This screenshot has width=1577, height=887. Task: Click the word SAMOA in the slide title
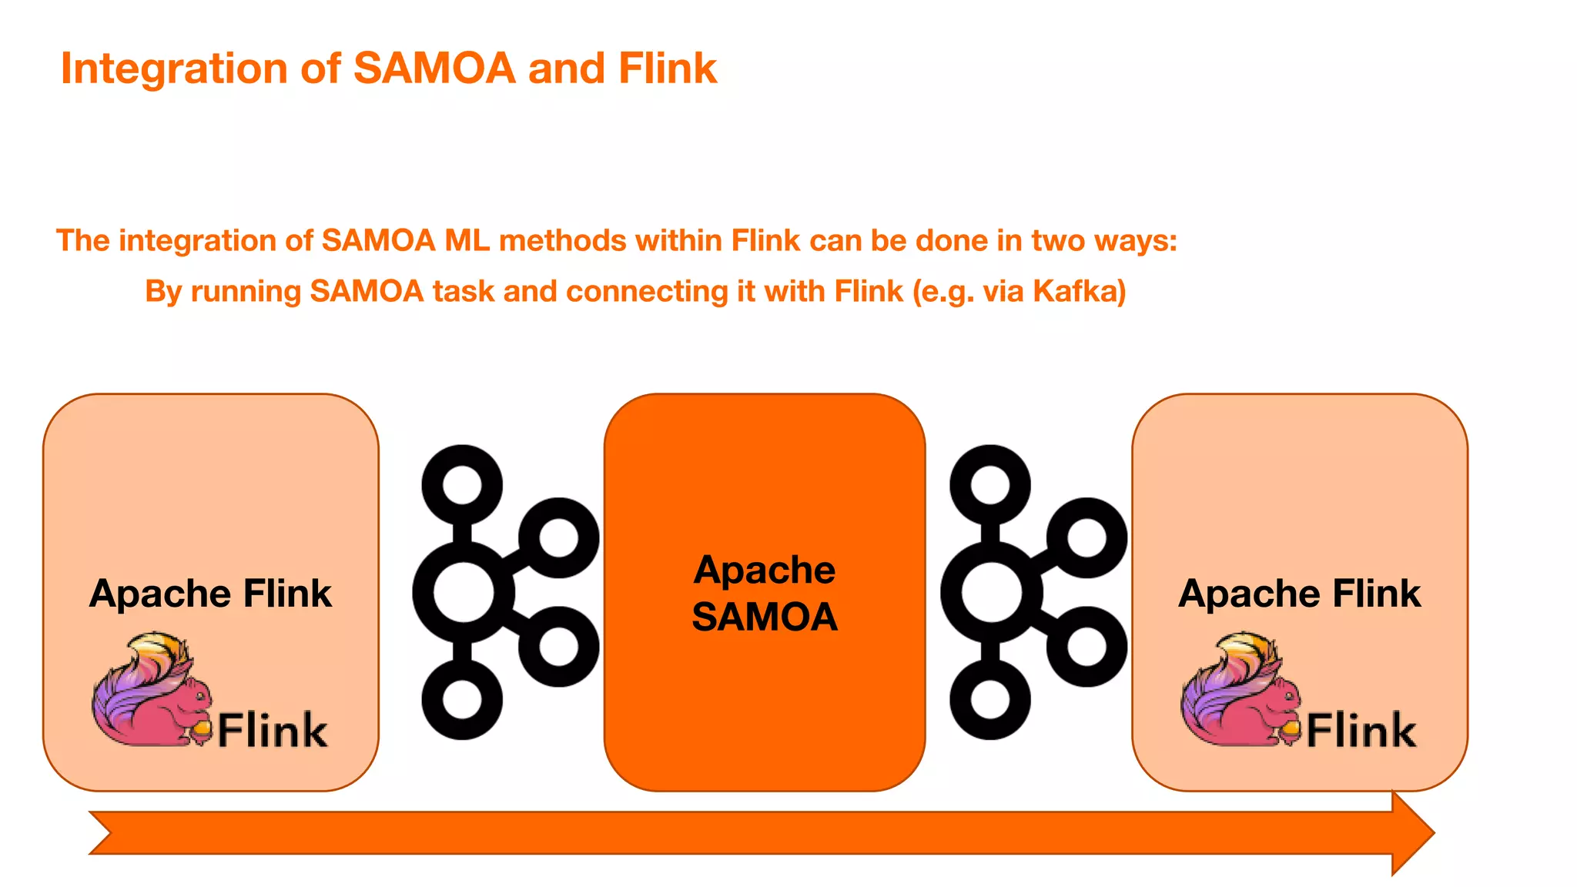[434, 69]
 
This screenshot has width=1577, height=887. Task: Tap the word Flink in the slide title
[667, 69]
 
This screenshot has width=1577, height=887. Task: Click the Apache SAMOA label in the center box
[765, 594]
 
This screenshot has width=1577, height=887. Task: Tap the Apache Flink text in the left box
[210, 594]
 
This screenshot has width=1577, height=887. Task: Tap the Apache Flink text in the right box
[1299, 594]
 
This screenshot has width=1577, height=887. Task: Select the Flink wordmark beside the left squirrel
[273, 730]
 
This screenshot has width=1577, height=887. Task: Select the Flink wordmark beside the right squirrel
[1361, 730]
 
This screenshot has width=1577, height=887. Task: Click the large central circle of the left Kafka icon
[463, 593]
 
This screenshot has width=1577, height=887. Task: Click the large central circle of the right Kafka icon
[991, 593]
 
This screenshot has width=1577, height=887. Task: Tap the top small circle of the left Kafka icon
[462, 485]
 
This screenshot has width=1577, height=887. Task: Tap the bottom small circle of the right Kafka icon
[990, 700]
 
